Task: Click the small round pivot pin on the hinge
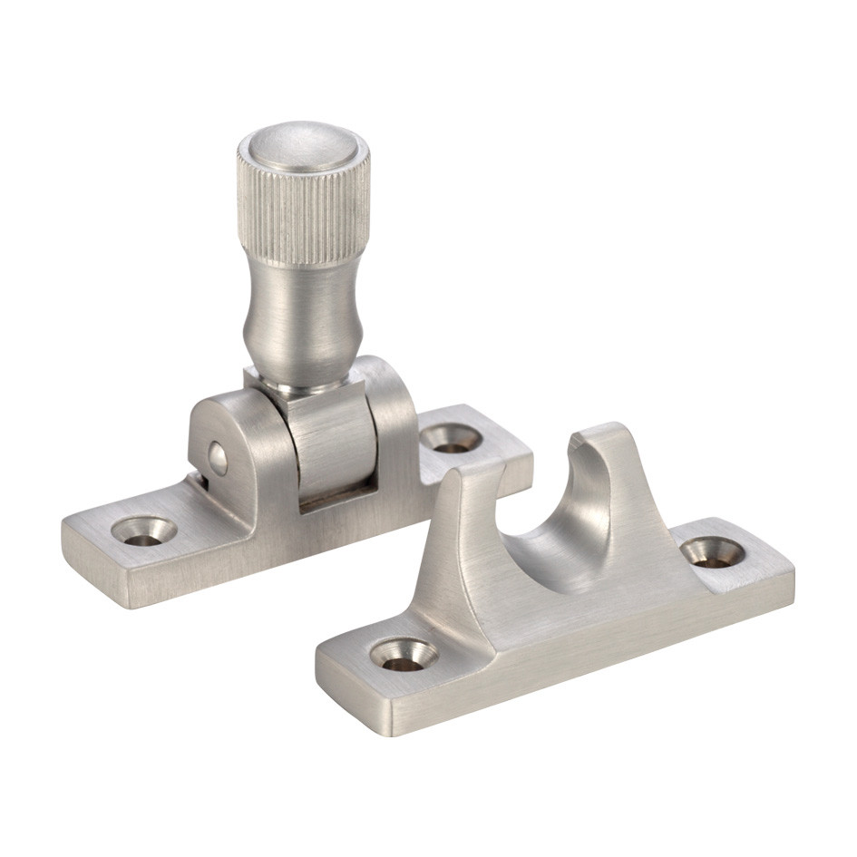[x=218, y=459]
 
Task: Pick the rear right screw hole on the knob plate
[x=451, y=439]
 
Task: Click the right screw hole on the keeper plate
[x=712, y=551]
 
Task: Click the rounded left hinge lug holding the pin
[x=227, y=444]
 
